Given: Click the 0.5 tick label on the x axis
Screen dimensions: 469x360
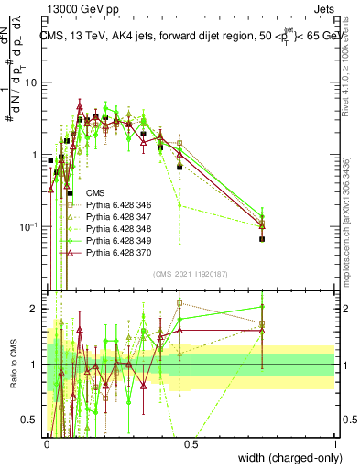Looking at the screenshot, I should (x=191, y=444).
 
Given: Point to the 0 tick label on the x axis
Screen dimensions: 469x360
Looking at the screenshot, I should (x=47, y=444).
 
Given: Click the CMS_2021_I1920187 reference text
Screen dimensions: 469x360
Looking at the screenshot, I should (x=191, y=274).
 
